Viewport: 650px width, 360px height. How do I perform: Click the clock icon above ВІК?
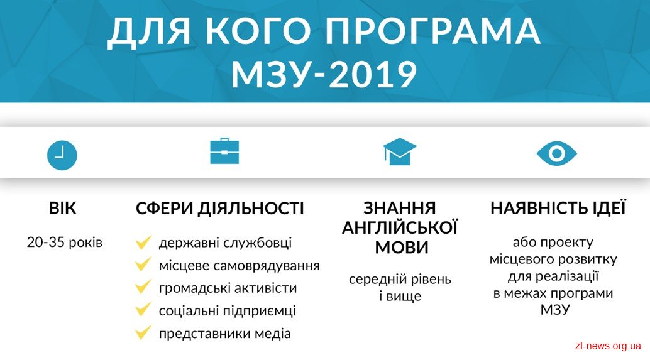[x=62, y=155]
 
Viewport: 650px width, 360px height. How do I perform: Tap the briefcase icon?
[x=224, y=151]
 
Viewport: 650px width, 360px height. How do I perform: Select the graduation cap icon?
[x=400, y=151]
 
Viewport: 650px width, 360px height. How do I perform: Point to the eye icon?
[x=557, y=154]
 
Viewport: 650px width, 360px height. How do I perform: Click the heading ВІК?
[x=63, y=208]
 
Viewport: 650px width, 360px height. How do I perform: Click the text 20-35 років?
[x=65, y=243]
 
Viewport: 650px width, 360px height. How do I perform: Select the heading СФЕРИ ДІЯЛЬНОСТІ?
[x=220, y=208]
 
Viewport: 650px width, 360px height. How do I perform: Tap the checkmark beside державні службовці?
[x=143, y=243]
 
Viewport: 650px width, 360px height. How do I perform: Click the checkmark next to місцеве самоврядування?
[x=143, y=265]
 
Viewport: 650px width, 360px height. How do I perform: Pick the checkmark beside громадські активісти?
[x=143, y=286]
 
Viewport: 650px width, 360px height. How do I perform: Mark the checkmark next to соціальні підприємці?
[x=143, y=309]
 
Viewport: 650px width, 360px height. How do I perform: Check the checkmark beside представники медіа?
[x=143, y=332]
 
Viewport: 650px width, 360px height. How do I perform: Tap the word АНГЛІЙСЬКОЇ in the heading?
[x=400, y=228]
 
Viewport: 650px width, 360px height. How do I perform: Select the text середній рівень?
[x=400, y=280]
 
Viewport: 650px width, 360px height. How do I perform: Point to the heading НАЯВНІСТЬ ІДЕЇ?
[x=558, y=208]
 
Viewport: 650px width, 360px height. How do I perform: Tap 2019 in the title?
[x=372, y=75]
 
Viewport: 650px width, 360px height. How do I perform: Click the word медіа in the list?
[x=273, y=334]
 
